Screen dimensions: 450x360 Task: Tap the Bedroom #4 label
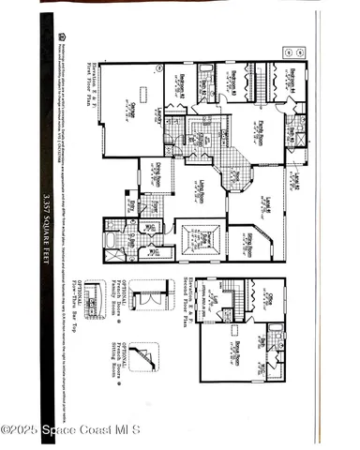291,82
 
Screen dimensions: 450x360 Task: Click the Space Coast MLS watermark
71,429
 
